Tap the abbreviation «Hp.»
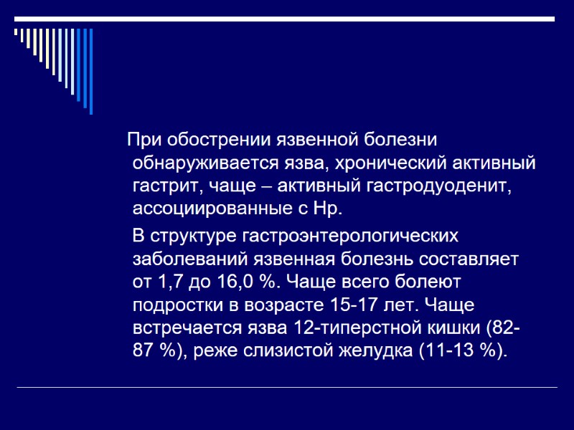pos(329,210)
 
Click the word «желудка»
pos(398,353)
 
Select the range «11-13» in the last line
pos(466,353)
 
